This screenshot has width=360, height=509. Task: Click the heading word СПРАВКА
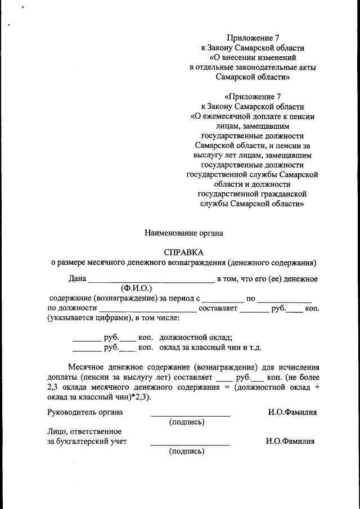[184, 252]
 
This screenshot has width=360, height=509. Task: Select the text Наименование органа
[184, 232]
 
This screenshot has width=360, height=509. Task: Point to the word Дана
[78, 279]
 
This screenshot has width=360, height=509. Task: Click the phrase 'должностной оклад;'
[196, 337]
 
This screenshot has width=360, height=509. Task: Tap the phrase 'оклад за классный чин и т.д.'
[211, 348]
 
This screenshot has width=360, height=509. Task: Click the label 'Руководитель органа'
[85, 412]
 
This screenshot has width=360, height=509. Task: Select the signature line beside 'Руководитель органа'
[190, 415]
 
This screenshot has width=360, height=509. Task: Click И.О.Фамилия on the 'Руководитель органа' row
[292, 412]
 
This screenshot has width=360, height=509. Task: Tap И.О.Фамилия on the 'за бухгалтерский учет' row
[290, 442]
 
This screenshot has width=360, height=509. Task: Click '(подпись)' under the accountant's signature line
[186, 451]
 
